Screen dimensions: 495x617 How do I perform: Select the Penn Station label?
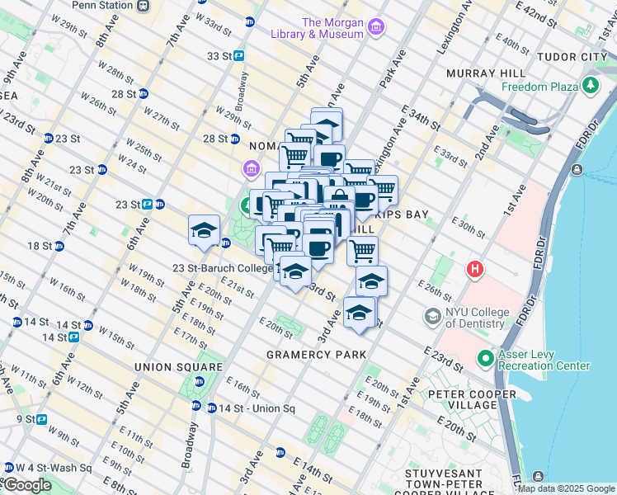coord(101,5)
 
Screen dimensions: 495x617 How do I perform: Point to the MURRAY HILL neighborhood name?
coord(480,73)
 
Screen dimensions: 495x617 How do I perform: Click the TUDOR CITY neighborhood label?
coord(572,57)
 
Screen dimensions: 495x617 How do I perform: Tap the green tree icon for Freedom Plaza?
coord(591,85)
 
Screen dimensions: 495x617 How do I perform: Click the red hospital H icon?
coord(475,269)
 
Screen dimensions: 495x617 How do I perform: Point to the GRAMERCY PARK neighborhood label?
coord(316,355)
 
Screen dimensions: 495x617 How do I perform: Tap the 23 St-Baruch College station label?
coord(222,268)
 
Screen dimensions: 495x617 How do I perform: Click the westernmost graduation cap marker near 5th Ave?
coord(204,231)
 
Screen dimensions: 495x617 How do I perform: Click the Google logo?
coord(26,485)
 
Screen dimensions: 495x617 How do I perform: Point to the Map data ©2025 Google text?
coord(565,488)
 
